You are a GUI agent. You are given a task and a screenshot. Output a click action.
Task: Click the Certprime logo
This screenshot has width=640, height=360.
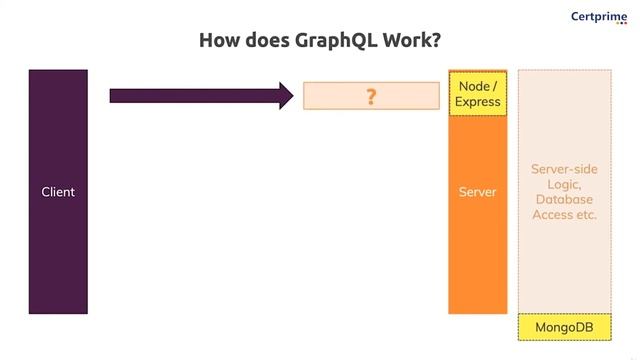coord(598,16)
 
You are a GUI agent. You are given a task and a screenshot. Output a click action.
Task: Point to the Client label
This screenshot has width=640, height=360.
coord(58,192)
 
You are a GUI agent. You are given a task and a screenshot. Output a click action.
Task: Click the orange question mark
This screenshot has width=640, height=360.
coord(371,96)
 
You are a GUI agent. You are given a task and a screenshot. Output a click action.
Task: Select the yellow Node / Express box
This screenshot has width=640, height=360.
coord(478,94)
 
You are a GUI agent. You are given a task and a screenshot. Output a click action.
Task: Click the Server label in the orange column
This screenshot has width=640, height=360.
coord(477,192)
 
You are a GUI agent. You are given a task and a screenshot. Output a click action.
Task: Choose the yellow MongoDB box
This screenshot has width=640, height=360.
coord(564,327)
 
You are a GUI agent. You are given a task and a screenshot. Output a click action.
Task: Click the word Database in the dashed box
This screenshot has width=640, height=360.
coord(564,199)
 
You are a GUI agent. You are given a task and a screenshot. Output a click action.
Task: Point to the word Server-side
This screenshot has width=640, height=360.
coord(564,169)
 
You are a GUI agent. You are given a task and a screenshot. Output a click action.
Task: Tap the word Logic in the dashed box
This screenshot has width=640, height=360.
coord(564,184)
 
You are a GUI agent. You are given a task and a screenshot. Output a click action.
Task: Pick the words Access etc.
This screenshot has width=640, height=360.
coord(564,214)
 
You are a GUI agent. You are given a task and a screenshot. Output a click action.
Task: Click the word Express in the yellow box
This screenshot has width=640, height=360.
coord(478,102)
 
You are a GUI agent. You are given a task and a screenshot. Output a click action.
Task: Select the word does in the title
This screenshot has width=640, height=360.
coord(263,41)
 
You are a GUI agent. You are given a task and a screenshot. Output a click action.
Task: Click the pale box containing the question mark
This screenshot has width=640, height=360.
coord(340,96)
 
